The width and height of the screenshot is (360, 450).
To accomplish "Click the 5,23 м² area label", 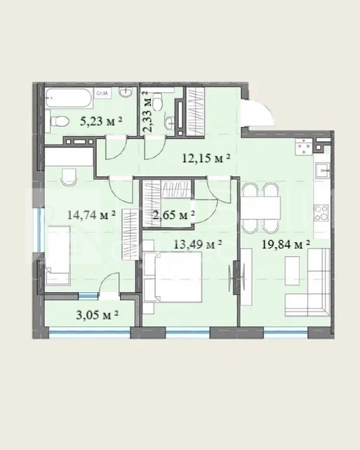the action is pos(101,121).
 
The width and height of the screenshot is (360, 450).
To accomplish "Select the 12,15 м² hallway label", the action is pos(206,157).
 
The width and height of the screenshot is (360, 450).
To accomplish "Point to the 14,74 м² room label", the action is pos(91,214).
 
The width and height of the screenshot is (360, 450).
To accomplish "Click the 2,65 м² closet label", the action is pos(174,214).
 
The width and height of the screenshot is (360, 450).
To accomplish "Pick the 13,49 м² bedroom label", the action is pos(198,244).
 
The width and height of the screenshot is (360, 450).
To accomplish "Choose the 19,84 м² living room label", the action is pos(286,244).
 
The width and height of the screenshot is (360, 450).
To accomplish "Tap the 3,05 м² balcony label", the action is pos(98,315).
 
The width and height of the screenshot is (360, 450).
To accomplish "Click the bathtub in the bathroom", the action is pos(69,98).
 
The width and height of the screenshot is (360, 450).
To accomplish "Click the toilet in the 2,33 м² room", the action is pos(157,102).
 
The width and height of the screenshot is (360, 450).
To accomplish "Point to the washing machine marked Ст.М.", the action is pos(102,93).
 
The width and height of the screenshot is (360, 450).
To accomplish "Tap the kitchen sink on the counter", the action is pos(323,171).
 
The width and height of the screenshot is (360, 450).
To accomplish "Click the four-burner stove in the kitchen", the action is pos(321,213).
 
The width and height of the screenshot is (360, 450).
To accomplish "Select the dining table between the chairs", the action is pos(260,208).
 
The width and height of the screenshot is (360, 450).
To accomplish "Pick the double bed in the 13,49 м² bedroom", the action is pos(173,277).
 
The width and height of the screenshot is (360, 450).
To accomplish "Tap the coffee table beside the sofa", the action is pos(293,270).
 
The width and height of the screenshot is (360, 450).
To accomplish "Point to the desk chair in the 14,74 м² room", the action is pos(69,176).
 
